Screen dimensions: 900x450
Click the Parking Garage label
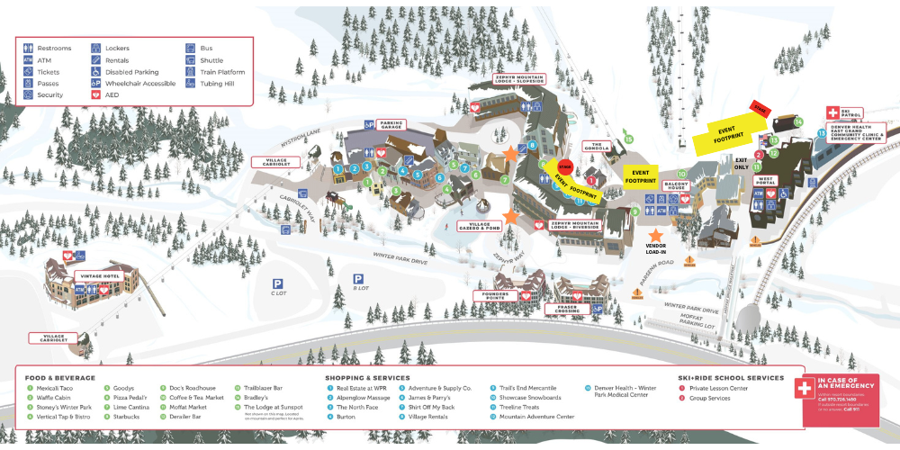pyautogui.click(x=391, y=124)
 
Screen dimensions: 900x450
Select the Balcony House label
pyautogui.click(x=676, y=184)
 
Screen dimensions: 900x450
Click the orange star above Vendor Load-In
pyautogui.click(x=656, y=234)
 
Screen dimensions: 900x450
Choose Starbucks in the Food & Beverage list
pyautogui.click(x=121, y=418)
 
